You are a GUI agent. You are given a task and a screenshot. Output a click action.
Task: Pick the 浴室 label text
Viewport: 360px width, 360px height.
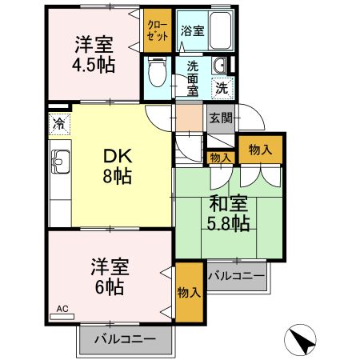coord(191,31)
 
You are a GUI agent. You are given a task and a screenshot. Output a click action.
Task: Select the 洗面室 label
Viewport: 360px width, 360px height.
coord(193,78)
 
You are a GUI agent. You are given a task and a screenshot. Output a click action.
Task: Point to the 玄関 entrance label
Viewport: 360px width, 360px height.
coord(221,118)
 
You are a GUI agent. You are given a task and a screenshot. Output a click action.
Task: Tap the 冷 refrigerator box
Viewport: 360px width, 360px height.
coord(58,124)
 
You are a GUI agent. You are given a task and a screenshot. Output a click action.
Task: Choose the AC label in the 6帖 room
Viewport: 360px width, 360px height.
coord(62,307)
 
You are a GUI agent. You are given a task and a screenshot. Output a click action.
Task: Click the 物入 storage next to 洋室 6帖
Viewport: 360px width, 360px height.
coord(189,293)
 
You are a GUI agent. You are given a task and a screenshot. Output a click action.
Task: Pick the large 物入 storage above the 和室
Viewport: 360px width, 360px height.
coord(260,150)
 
